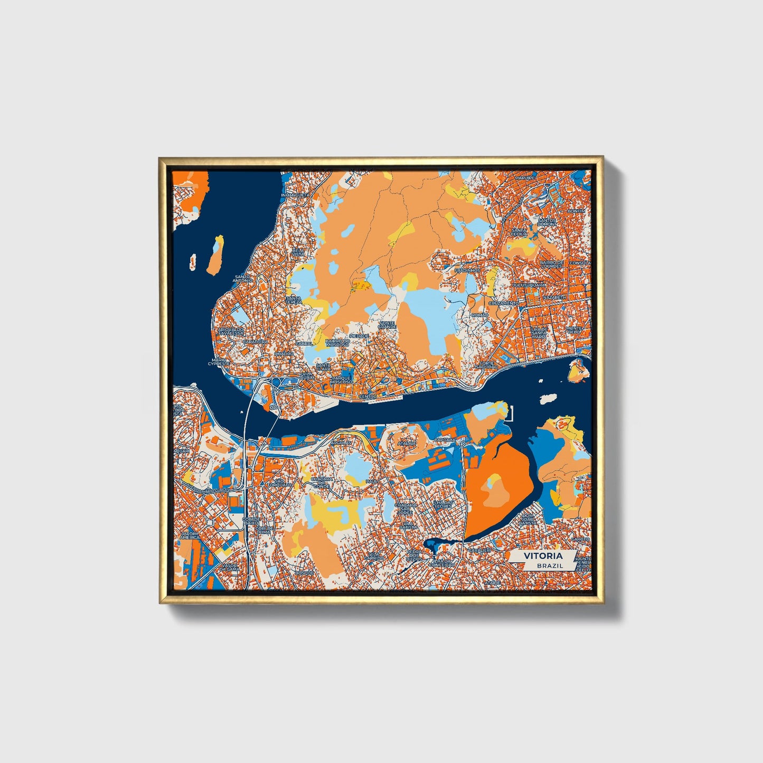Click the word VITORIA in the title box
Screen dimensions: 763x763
543,556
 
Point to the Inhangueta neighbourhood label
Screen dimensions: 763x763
296,195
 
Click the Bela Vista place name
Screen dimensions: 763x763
298,252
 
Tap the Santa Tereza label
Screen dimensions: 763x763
293,300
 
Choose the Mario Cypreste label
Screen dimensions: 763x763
218,362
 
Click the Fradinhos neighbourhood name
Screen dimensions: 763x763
468,270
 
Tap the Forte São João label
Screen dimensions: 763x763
487,364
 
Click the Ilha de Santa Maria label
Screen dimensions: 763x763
539,332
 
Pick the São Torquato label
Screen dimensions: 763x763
279,483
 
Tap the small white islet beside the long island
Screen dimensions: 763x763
193,260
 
